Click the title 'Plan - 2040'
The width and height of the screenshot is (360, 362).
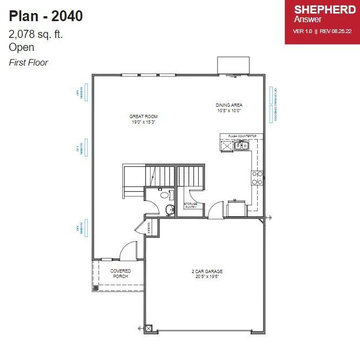tap(46, 16)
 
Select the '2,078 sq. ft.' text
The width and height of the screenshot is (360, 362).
tap(36, 34)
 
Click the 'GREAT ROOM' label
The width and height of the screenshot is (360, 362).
tap(143, 117)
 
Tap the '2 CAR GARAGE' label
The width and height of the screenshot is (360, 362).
tap(207, 271)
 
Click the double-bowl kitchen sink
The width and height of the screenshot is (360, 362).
tap(241, 145)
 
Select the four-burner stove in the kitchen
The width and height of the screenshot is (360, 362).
tap(257, 178)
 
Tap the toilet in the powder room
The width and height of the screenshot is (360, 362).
tap(165, 193)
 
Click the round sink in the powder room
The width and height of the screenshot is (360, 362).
tap(169, 209)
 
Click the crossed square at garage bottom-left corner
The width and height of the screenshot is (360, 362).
tap(149, 328)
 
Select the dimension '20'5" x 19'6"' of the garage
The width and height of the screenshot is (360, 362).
tap(207, 276)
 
